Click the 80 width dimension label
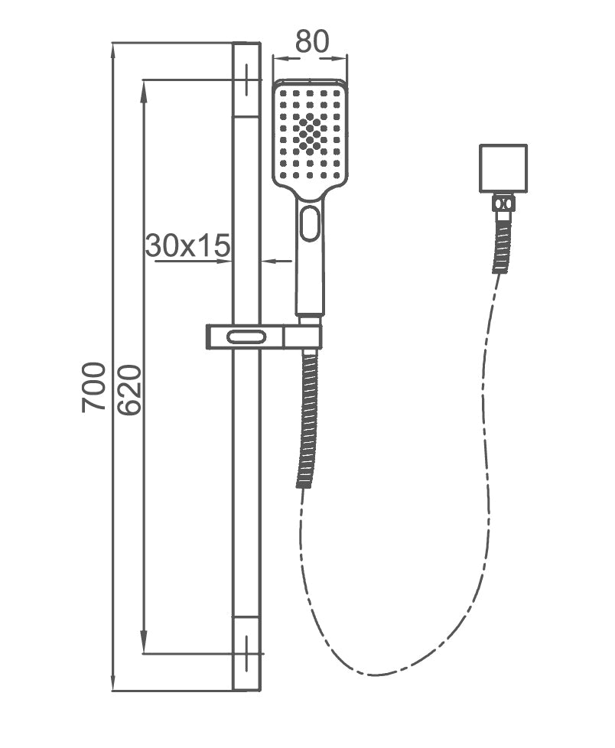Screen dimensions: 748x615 311,42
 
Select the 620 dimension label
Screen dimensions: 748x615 129,389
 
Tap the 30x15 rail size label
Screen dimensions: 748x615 187,246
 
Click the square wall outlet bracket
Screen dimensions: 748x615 503,168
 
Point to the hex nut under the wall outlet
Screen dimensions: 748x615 503,203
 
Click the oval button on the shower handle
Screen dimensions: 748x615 310,223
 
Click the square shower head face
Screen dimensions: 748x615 310,134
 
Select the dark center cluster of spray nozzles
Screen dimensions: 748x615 310,134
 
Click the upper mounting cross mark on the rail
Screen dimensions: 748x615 247,80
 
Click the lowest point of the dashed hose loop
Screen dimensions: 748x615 375,675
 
